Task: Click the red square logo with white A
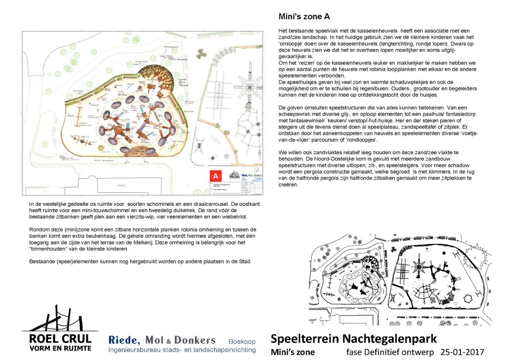click(x=216, y=176)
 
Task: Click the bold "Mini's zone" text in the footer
click(x=293, y=351)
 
